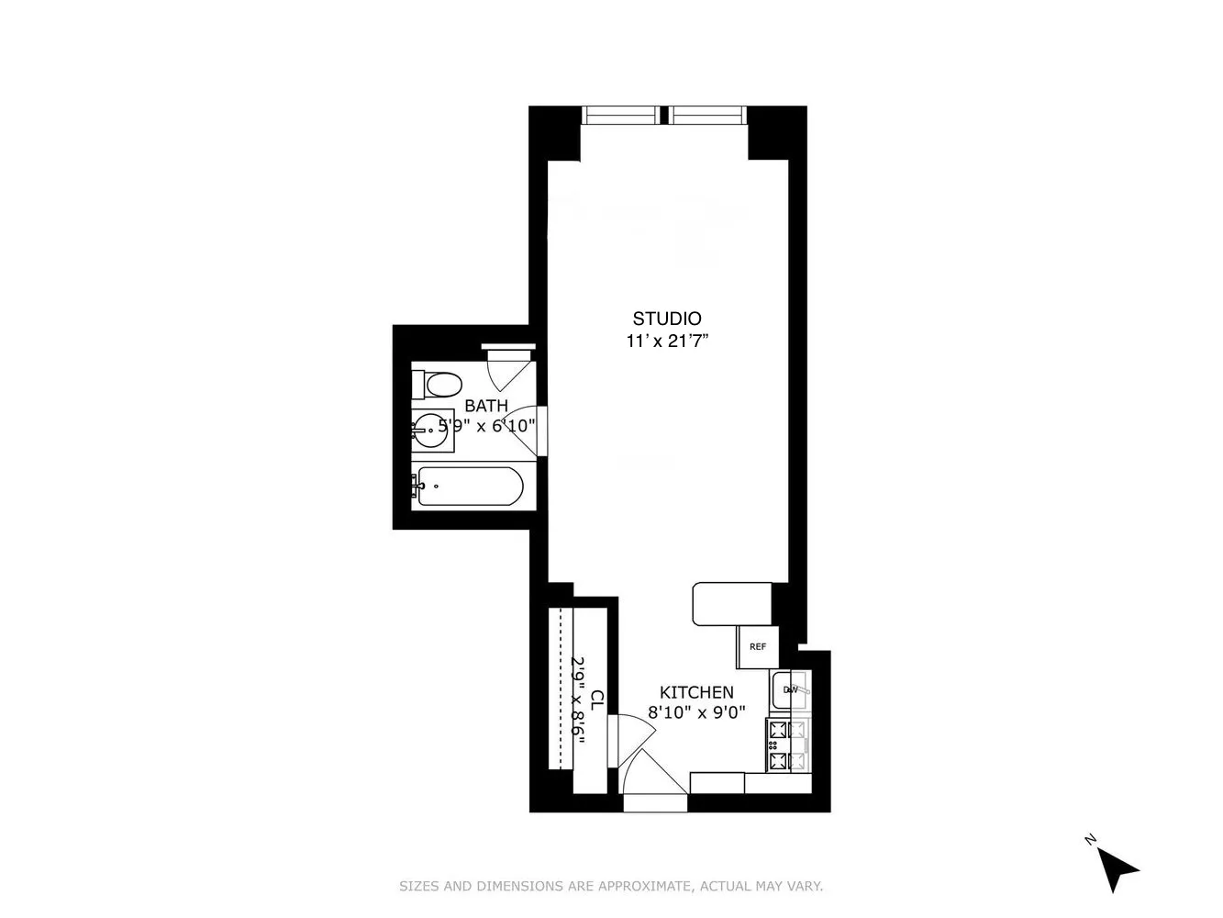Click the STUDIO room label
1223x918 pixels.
pos(667,319)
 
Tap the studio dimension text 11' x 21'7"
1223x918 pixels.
pos(667,341)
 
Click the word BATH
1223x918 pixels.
pos(485,406)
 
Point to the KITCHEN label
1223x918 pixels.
pos(696,692)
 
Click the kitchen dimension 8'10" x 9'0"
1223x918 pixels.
pos(696,711)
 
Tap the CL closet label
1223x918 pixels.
pos(597,700)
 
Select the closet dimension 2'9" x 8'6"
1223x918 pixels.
pos(578,700)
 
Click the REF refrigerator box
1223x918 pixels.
pos(757,646)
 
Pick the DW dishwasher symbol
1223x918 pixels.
pos(790,689)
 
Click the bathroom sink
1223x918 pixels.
pos(431,429)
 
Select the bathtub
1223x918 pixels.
pos(467,486)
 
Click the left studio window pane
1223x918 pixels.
pos(621,115)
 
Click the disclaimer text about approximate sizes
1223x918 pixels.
pos(611,887)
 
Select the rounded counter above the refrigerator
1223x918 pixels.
pos(732,604)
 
